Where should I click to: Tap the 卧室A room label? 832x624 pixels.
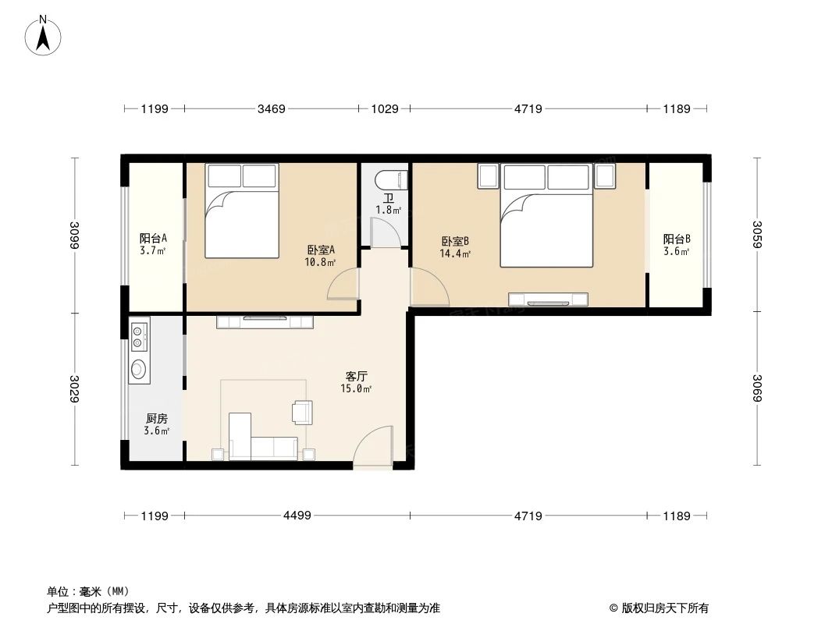click(320, 250)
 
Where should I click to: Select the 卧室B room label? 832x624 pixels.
click(455, 242)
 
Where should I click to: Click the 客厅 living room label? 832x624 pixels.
click(356, 376)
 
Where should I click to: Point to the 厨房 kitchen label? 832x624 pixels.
click(156, 419)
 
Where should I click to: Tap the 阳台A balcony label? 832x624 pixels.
click(153, 239)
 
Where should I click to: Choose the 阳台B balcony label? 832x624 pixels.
click(677, 239)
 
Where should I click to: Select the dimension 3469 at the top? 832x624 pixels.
click(271, 109)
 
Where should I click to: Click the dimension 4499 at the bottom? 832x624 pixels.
click(297, 516)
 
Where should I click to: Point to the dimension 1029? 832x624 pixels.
click(385, 109)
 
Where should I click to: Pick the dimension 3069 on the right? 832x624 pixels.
click(756, 388)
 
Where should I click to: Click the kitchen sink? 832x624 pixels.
click(139, 369)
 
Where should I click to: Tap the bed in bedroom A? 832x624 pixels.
click(242, 212)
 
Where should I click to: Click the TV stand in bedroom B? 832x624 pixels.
click(548, 299)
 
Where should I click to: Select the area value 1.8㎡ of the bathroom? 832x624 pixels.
click(388, 210)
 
